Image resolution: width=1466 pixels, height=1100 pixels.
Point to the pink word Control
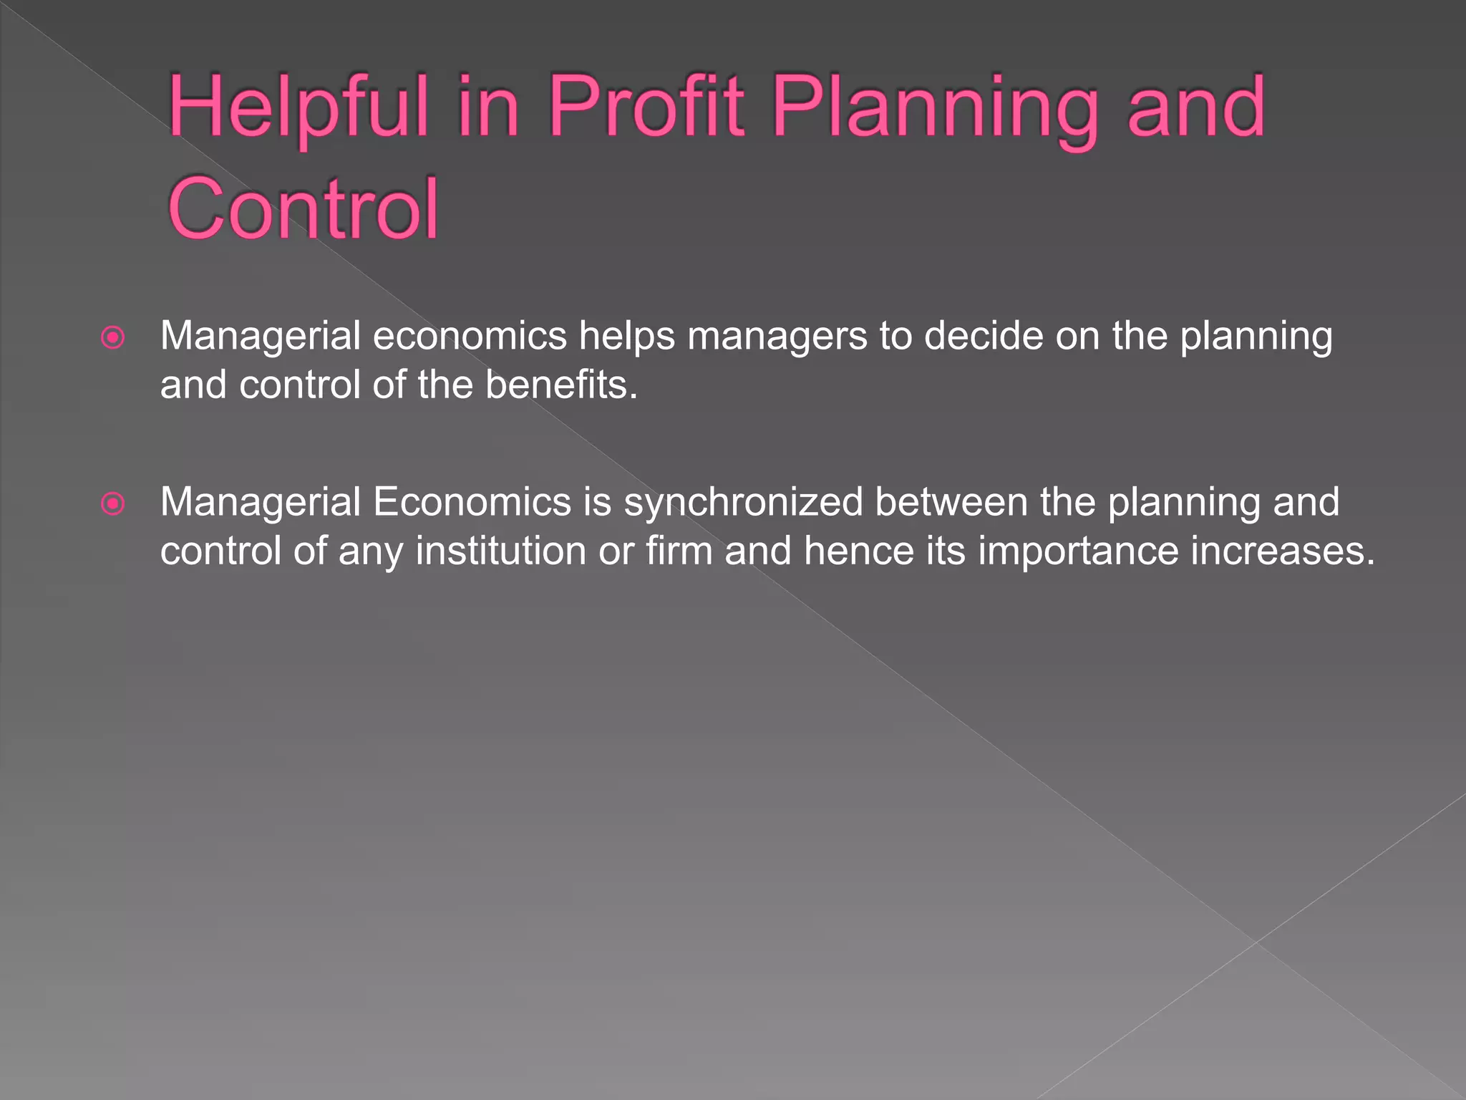[303, 208]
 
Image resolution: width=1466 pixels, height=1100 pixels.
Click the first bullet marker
[113, 337]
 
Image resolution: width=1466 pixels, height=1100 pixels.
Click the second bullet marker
[113, 503]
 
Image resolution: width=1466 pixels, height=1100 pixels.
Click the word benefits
[561, 385]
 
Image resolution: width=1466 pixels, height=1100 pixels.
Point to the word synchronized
[744, 503]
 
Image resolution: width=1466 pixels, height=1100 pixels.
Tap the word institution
[500, 551]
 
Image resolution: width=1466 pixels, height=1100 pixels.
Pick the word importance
[1078, 552]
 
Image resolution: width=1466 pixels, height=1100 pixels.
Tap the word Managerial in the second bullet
[260, 503]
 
